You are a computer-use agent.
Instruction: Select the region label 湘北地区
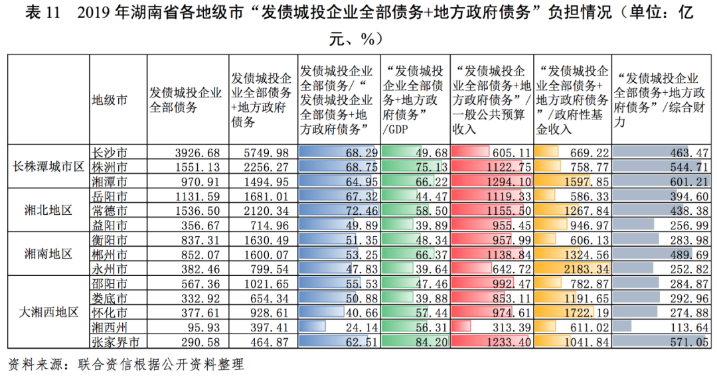48,210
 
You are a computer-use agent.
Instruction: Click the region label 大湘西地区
48,312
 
